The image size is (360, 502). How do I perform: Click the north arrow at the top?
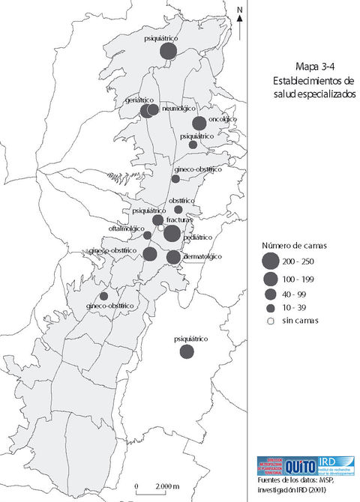point(240,22)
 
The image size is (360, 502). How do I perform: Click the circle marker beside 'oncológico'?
point(199,124)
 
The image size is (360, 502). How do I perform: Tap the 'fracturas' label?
point(181,220)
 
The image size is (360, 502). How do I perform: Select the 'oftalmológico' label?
point(129,228)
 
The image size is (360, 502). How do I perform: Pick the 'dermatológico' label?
point(203,256)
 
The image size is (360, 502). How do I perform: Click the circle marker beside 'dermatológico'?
point(173,257)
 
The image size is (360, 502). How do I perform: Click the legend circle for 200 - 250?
point(269,261)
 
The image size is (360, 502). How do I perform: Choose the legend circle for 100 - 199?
point(269,279)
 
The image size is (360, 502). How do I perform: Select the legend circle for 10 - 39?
point(269,307)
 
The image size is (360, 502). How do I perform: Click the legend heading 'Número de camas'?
point(294,246)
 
